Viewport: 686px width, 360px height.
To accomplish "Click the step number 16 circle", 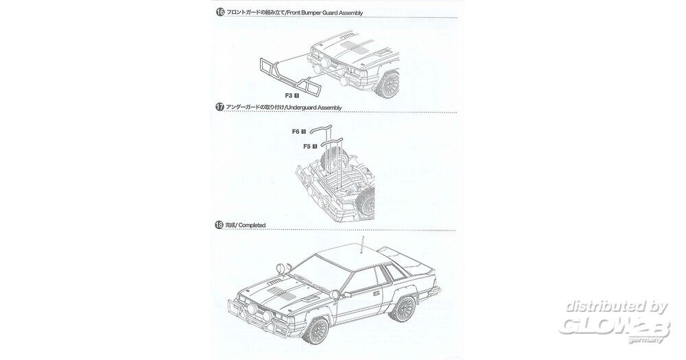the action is [x=220, y=12].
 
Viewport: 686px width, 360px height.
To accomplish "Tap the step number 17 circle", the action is [x=220, y=107].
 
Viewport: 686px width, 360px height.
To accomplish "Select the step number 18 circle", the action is [x=220, y=224].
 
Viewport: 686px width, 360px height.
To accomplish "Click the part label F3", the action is [x=288, y=95].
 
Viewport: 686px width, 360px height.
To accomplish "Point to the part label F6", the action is [x=296, y=131].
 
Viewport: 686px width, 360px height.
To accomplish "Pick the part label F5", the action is [x=307, y=146].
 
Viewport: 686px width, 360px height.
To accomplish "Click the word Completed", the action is [x=252, y=225].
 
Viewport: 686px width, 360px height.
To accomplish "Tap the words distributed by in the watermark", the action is [x=616, y=307].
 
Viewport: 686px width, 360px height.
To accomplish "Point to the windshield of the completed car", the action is [x=324, y=268].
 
